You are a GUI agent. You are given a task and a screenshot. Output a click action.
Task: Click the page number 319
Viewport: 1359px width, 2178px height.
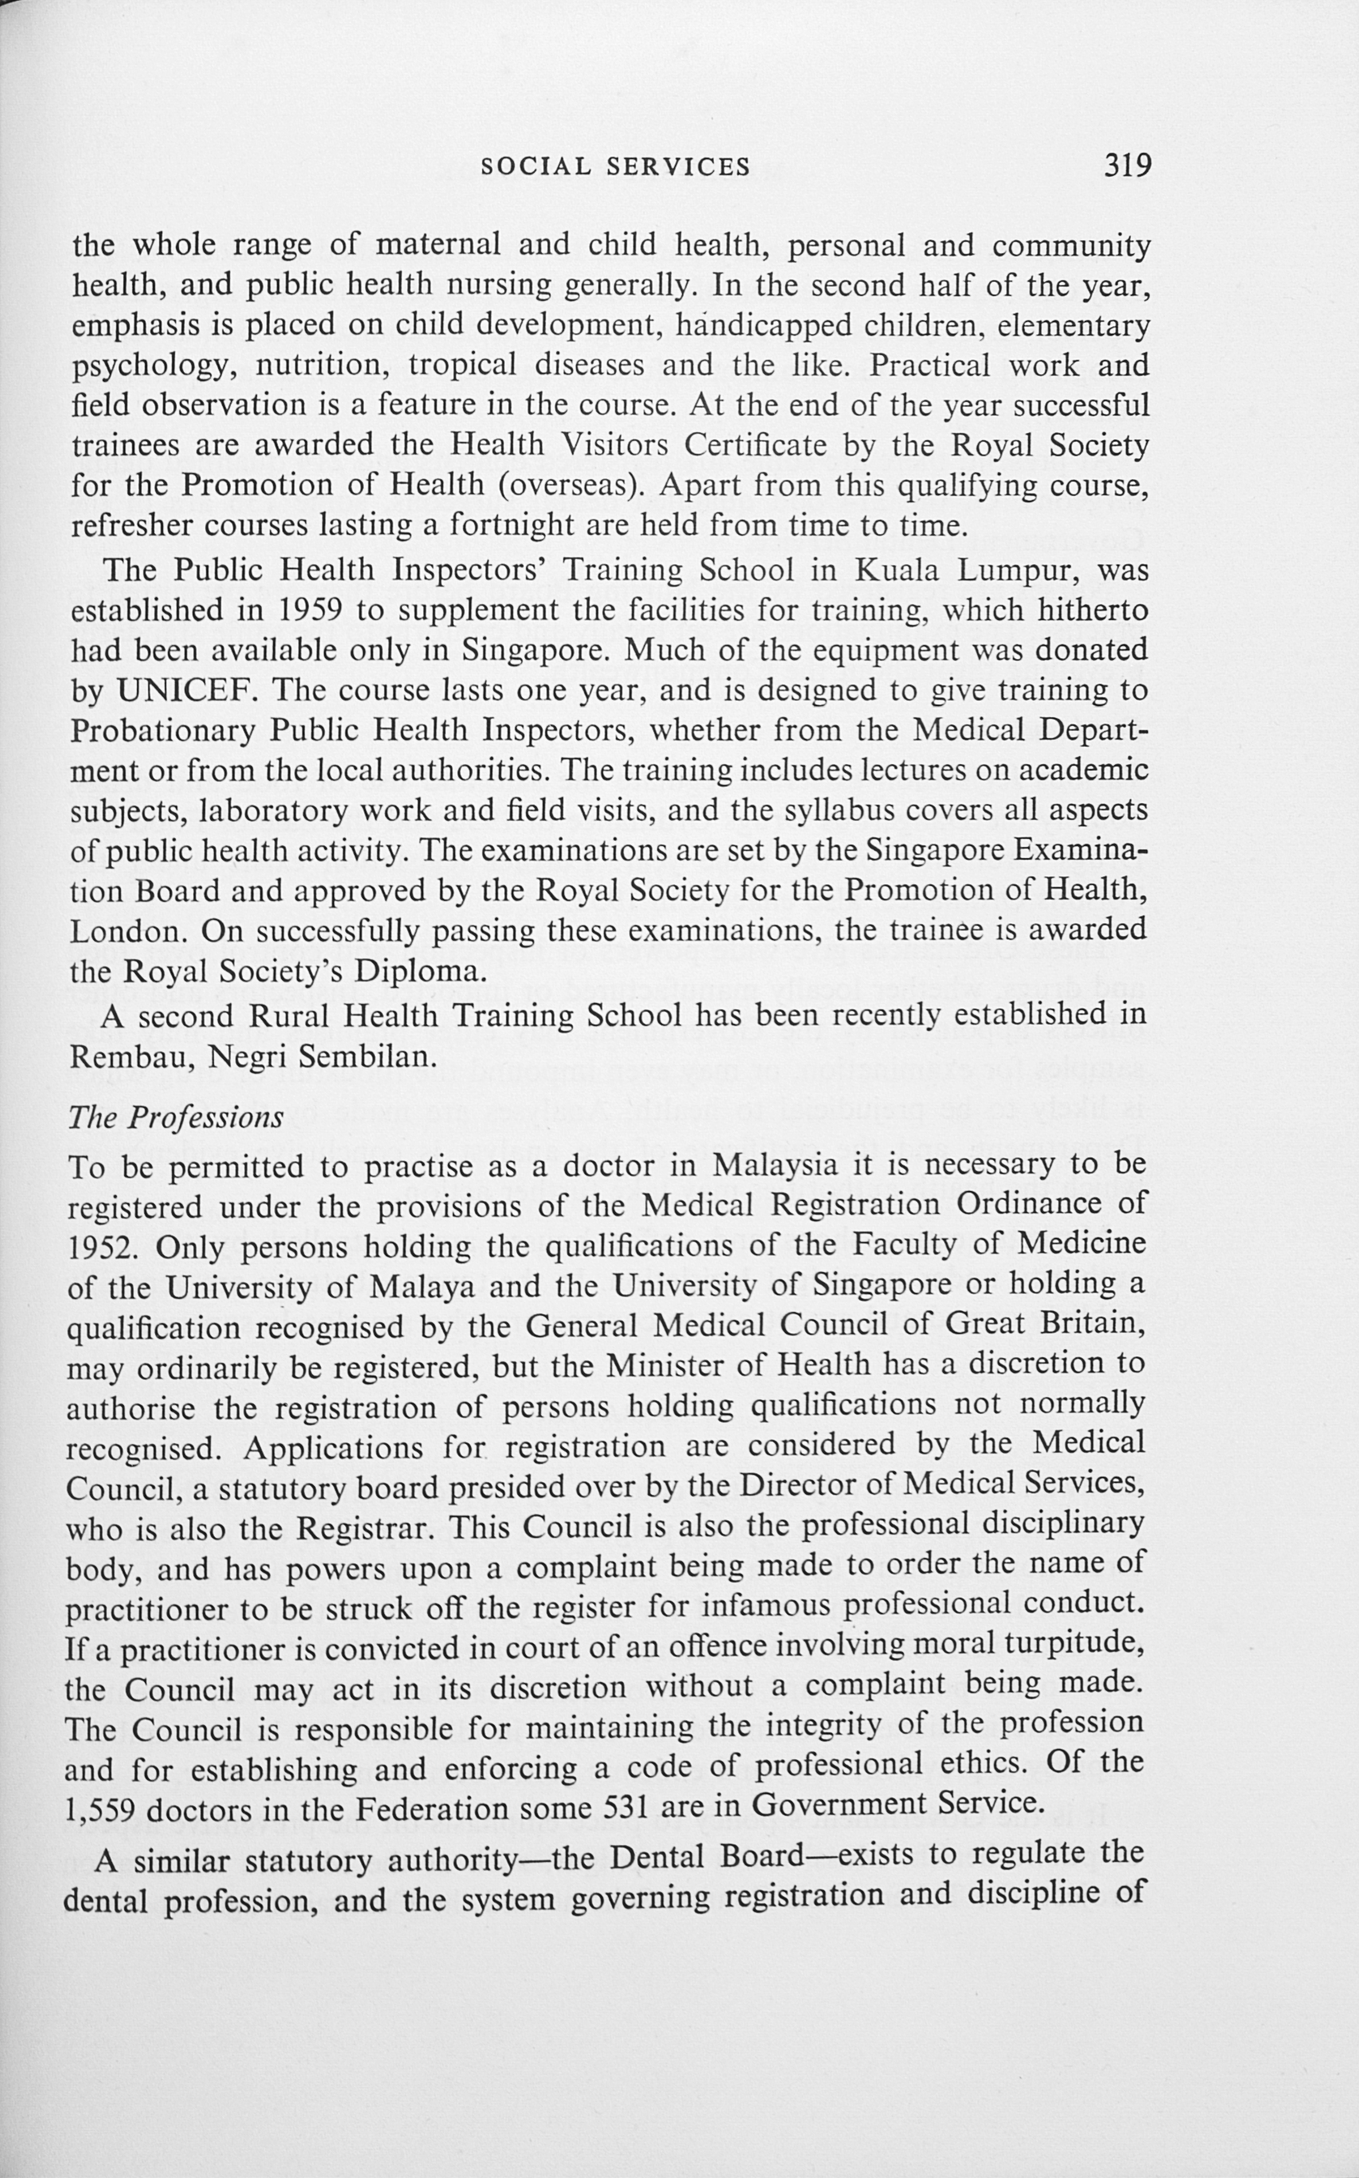(1128, 166)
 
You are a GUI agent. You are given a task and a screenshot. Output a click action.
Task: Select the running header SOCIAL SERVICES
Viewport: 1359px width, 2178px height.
(616, 166)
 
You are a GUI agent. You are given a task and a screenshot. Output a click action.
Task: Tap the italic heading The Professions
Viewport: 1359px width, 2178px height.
(175, 1118)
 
